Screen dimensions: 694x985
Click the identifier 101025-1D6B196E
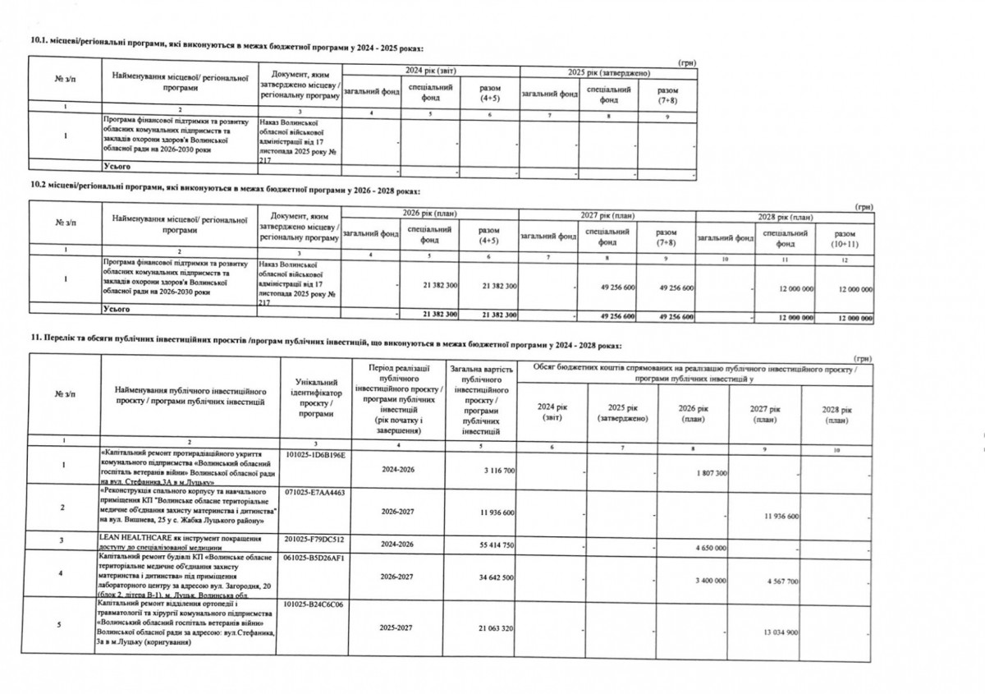tap(315, 454)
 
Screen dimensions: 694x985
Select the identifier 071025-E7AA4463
tap(315, 493)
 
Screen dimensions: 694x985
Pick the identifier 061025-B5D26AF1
tap(315, 556)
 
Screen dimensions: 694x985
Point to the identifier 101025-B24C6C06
tap(315, 604)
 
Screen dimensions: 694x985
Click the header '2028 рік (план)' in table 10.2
tap(785, 217)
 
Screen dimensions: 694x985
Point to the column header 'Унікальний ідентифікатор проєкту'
tap(315, 398)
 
